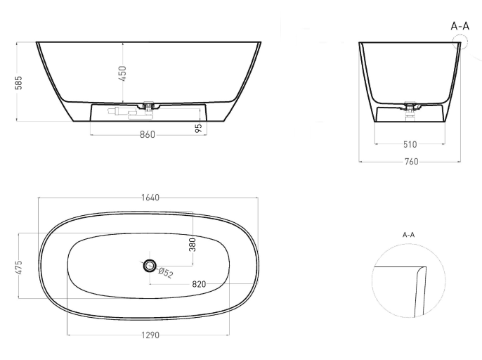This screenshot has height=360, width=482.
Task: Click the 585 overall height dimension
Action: tap(19, 83)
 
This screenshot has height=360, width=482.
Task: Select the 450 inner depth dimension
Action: tap(122, 74)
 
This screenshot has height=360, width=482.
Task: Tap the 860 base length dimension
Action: tap(148, 134)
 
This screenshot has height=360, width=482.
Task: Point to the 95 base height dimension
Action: tap(199, 128)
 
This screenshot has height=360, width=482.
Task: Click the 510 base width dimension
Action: tap(410, 144)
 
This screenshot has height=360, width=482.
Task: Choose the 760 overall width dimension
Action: tap(411, 162)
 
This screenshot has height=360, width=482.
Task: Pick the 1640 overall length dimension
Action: tap(150, 198)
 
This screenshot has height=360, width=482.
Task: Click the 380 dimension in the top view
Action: tap(193, 245)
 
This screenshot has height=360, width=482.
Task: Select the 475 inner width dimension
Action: tap(19, 267)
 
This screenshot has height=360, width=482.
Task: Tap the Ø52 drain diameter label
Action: tap(166, 273)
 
